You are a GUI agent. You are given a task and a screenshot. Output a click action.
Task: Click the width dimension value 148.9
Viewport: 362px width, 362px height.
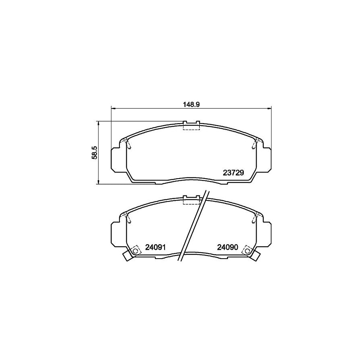[x=191, y=104]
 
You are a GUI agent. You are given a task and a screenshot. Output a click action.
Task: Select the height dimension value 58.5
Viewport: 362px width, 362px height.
[x=94, y=153]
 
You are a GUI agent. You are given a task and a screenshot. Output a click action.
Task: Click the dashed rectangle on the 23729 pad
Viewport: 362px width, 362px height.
[x=191, y=126]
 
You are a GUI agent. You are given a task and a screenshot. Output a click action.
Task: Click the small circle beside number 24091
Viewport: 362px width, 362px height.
[x=136, y=252]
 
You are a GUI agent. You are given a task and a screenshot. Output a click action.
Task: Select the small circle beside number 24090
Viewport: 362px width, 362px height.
[x=246, y=252]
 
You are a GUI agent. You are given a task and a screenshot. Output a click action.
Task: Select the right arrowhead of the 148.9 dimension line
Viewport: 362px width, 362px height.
[x=269, y=108]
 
